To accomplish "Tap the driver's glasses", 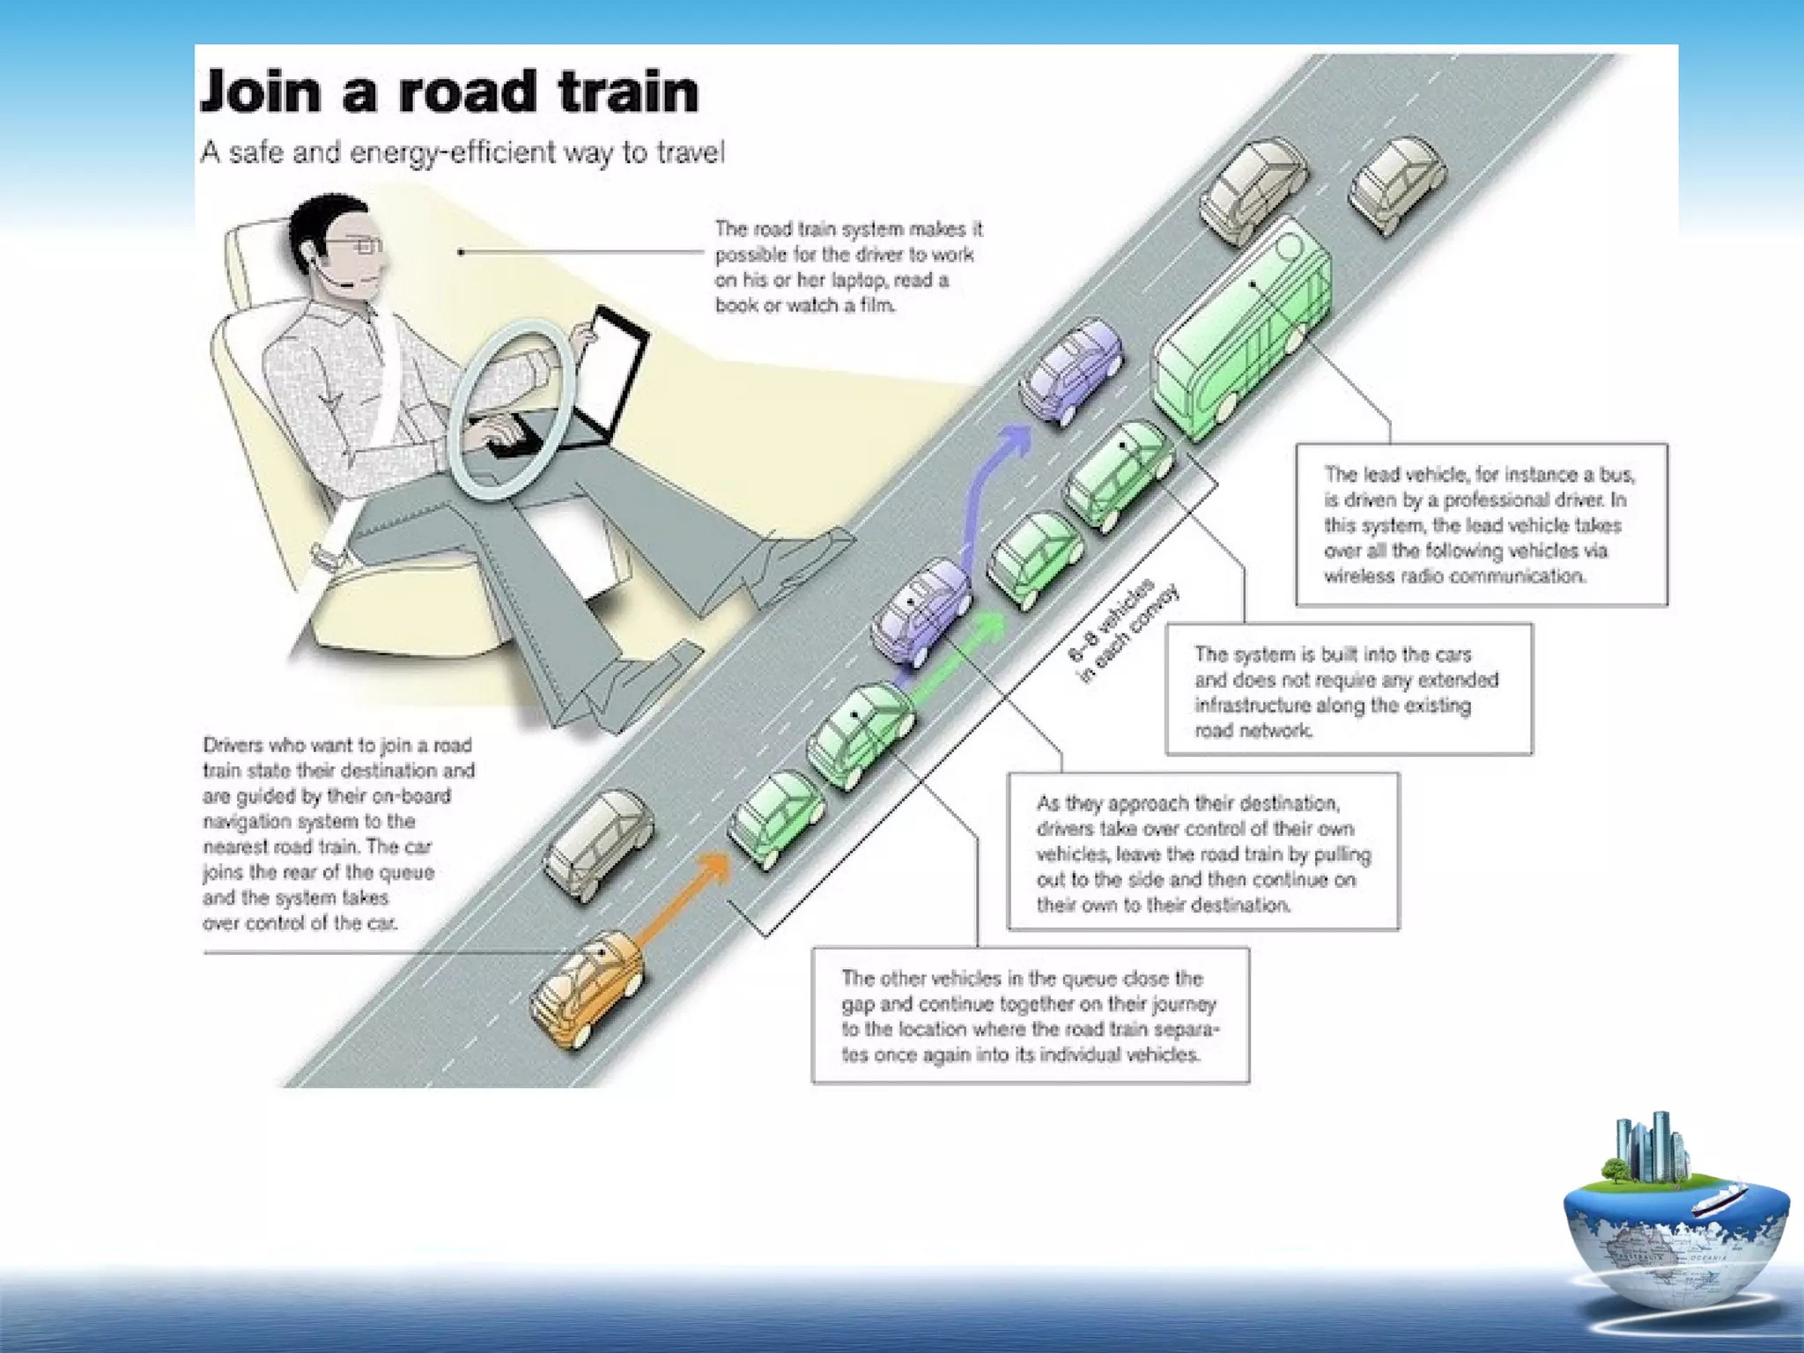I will [363, 246].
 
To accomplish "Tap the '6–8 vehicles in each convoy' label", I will [1122, 631].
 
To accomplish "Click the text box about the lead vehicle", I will [1481, 525].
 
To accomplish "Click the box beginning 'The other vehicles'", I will [1030, 1016].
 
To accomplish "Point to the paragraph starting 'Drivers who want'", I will [338, 833].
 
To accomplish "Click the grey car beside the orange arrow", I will [599, 842].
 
